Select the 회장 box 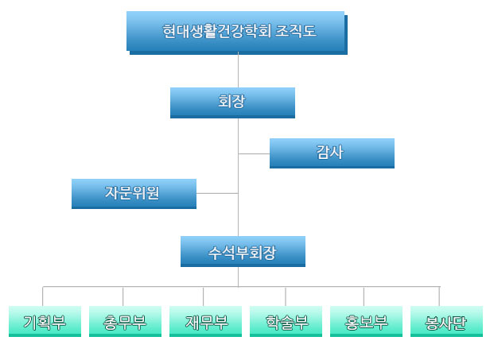tap(232, 102)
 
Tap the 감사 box tap(332, 153)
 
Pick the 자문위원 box tap(134, 193)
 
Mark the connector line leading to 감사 tap(254, 153)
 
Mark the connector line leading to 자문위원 tap(217, 193)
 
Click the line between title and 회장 tap(239, 69)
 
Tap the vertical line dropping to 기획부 tap(43, 296)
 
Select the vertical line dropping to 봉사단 tap(439, 296)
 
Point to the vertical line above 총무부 tap(123, 296)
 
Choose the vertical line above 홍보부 tap(364, 296)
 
